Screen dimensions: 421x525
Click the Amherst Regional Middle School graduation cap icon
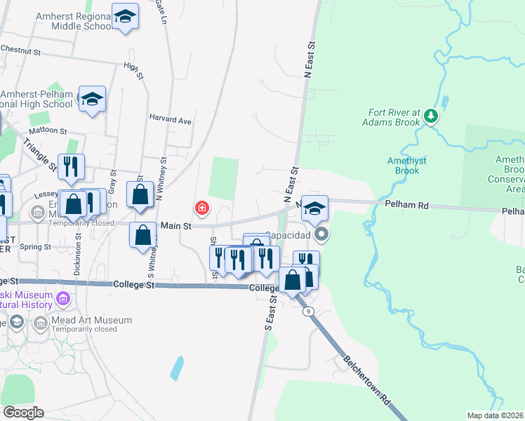pos(125,17)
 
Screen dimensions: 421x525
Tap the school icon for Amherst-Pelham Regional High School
pos(91,100)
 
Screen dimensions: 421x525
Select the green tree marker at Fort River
pos(432,116)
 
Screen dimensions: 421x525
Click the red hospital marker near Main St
pos(202,208)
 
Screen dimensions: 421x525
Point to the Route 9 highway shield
pos(308,312)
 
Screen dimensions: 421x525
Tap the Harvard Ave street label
pos(170,120)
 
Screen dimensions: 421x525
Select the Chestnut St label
pos(22,51)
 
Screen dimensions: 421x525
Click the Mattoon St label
pos(48,131)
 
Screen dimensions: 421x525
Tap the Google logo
pos(22,413)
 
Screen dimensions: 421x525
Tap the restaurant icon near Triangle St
pos(71,167)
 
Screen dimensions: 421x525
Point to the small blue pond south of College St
pos(177,368)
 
